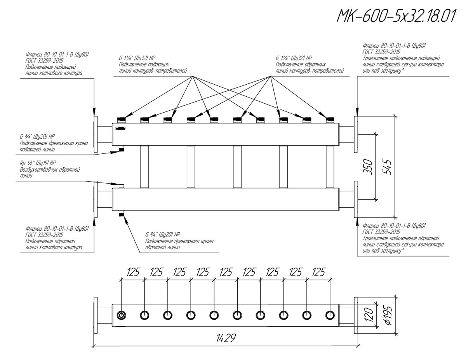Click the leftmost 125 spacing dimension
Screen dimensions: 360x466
pos(133,273)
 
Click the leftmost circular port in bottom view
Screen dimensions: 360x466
pos(122,315)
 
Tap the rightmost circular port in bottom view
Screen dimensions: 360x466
pos(330,315)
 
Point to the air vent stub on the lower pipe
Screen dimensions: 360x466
pos(121,186)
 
